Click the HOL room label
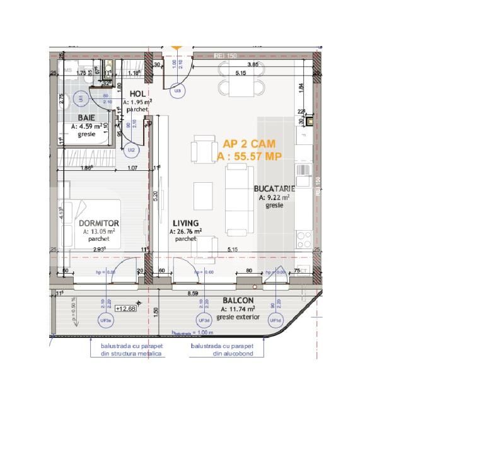coord(137,93)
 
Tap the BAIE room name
coord(87,118)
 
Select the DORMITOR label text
coord(99,223)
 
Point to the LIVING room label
coord(185,223)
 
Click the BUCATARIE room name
coord(274,189)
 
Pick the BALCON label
coord(237,301)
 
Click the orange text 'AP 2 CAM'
coord(249,144)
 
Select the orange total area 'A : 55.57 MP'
coord(248,157)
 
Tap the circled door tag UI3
coord(178,91)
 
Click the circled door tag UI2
coord(131,150)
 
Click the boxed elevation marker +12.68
coord(126,309)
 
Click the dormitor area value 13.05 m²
coord(98,231)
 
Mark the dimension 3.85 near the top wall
coord(253,65)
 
